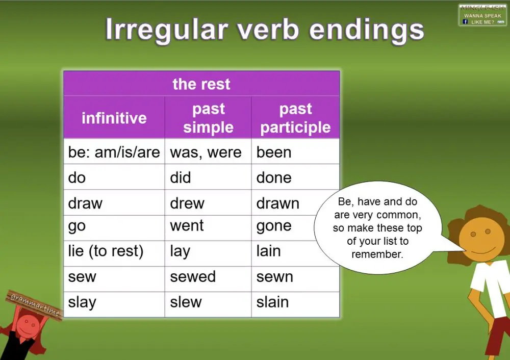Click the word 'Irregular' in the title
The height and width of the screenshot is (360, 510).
[165, 30]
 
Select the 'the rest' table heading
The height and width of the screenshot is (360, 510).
[201, 84]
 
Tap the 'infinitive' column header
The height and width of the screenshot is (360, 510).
[114, 118]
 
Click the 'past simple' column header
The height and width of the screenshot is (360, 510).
[208, 118]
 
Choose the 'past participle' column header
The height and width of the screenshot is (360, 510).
[295, 118]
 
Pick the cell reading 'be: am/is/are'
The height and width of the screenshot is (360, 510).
[114, 152]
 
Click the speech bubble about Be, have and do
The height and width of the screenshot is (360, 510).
[377, 227]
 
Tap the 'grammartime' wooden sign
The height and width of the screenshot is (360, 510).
[35, 305]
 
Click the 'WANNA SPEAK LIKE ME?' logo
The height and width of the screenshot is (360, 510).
[482, 15]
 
